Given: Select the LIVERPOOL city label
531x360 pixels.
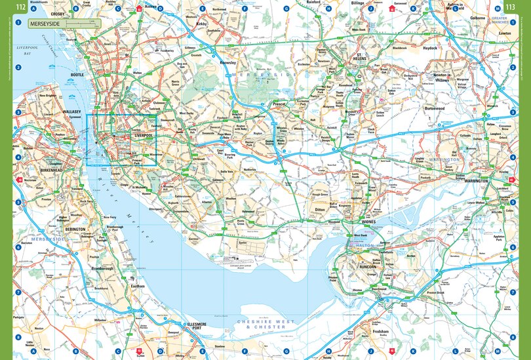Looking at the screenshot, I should (x=143, y=134).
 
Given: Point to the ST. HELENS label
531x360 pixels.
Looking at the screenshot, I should (x=364, y=56).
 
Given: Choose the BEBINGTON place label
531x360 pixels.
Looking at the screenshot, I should (x=75, y=230).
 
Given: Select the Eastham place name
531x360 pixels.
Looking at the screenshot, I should (x=138, y=286).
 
